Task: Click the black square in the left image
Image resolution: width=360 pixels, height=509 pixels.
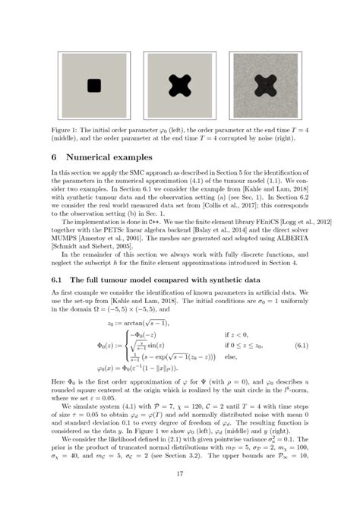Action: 94,86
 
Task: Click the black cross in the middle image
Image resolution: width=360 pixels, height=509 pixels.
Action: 179,86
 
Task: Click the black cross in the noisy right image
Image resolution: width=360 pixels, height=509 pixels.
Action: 266,86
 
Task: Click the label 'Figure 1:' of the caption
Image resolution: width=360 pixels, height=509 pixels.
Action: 65,131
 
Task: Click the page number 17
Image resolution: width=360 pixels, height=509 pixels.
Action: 180,475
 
